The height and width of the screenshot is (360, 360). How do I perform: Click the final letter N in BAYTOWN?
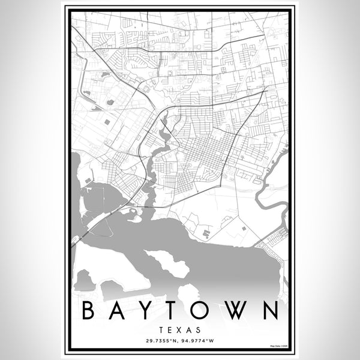click(271, 311)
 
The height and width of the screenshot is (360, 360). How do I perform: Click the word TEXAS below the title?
click(179, 329)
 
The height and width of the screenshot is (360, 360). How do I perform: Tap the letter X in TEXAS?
click(179, 329)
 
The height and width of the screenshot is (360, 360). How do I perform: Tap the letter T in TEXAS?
click(164, 329)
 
